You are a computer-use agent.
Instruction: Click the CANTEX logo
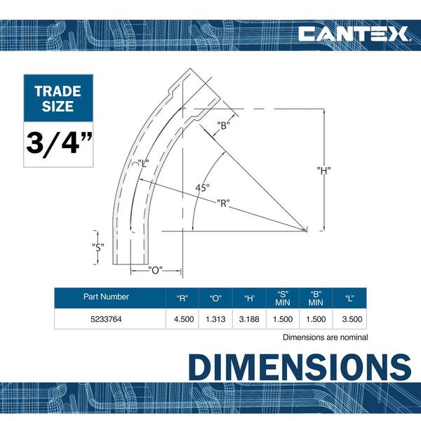(354, 34)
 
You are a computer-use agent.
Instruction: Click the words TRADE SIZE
(58, 98)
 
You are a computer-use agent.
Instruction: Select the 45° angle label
(203, 187)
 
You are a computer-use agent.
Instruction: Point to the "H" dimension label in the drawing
(323, 171)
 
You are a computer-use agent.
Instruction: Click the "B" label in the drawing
(223, 125)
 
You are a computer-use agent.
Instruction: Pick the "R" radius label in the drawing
(223, 203)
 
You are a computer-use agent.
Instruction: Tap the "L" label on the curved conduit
(143, 163)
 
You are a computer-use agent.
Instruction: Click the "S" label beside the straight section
(98, 247)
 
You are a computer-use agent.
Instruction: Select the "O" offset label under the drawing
(156, 270)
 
